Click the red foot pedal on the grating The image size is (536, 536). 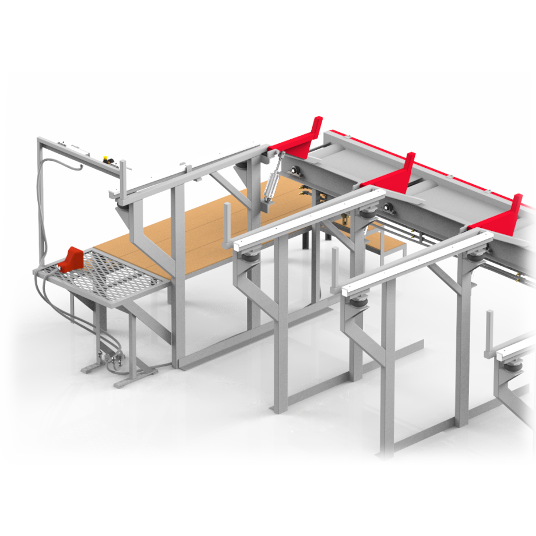coord(70,259)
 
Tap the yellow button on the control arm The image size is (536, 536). coord(107,158)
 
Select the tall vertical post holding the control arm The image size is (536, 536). coord(41,204)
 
